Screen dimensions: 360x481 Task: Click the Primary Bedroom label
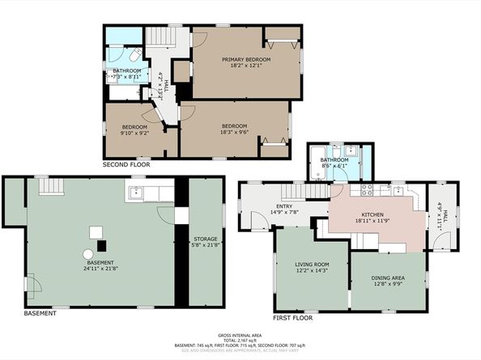click(246, 59)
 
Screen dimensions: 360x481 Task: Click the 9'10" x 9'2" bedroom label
click(134, 134)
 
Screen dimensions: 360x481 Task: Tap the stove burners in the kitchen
click(366, 191)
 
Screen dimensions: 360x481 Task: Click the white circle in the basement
click(87, 254)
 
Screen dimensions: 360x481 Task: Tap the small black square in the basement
click(101, 244)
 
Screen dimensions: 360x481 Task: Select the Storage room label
click(205, 239)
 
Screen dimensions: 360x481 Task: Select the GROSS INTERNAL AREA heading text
click(240, 335)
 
